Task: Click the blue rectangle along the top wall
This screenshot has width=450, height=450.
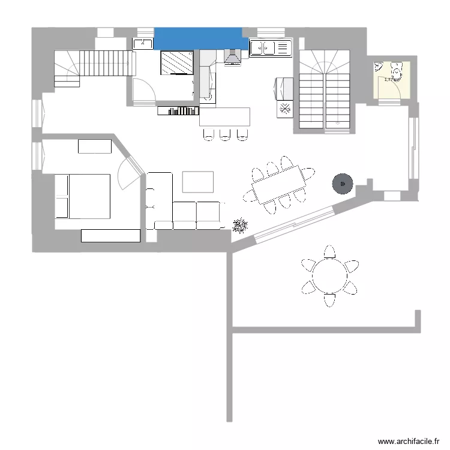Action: click(200, 38)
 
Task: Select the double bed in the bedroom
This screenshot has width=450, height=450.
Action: click(83, 196)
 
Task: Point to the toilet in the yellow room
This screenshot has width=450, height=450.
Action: click(397, 71)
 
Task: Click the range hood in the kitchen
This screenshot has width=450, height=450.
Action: click(232, 57)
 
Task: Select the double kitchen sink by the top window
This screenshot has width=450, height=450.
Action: click(270, 47)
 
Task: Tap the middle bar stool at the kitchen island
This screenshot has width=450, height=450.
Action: click(225, 134)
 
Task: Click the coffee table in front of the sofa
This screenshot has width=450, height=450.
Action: click(197, 181)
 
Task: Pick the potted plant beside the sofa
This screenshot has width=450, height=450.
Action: click(240, 225)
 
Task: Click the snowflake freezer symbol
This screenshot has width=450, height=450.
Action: click(284, 109)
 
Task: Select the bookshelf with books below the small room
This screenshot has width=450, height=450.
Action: click(178, 110)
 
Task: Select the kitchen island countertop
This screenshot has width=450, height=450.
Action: click(224, 116)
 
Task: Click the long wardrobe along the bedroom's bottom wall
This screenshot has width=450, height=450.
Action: click(111, 236)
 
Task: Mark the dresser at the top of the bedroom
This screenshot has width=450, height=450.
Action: click(95, 146)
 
